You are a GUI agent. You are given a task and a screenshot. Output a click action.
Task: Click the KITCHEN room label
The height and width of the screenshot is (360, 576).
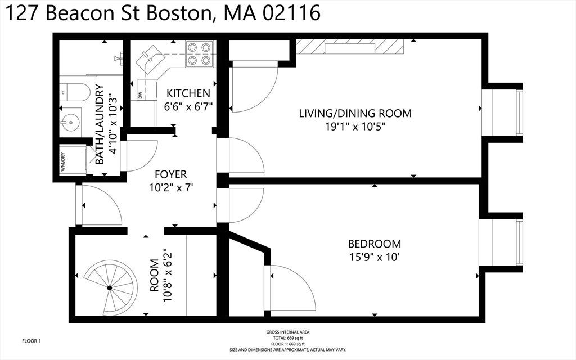click(x=188, y=93)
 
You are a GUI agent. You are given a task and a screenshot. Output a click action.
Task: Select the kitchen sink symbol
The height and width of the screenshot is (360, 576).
click(x=150, y=58)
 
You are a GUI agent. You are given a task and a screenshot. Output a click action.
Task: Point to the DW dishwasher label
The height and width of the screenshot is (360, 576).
click(x=140, y=94)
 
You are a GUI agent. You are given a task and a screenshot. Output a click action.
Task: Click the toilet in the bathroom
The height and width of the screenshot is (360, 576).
click(x=75, y=92)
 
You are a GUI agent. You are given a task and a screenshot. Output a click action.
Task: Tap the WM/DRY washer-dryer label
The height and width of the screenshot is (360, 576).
click(x=63, y=161)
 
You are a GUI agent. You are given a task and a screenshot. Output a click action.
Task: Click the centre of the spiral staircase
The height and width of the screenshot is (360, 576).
click(x=109, y=288)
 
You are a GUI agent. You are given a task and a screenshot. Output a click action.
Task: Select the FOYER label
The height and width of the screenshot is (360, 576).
click(x=171, y=174)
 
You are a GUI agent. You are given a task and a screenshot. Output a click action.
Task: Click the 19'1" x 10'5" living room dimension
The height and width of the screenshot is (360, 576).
click(x=355, y=127)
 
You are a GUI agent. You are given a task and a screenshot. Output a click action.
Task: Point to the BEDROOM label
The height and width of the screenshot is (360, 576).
click(x=375, y=244)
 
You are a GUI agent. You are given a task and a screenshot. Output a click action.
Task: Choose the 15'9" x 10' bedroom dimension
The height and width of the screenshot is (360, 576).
click(x=375, y=256)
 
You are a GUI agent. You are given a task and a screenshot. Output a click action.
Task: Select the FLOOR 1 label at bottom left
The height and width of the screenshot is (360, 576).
click(x=31, y=341)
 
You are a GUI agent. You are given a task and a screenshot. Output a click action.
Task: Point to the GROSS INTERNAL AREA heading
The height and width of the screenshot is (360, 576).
click(x=288, y=332)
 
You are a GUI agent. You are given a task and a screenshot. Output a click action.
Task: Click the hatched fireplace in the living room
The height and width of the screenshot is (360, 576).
click(x=350, y=47)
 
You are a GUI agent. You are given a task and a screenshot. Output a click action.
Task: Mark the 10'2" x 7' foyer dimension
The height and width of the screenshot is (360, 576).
click(x=171, y=188)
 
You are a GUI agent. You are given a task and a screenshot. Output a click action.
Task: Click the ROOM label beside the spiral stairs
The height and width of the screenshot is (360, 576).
click(x=155, y=275)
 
